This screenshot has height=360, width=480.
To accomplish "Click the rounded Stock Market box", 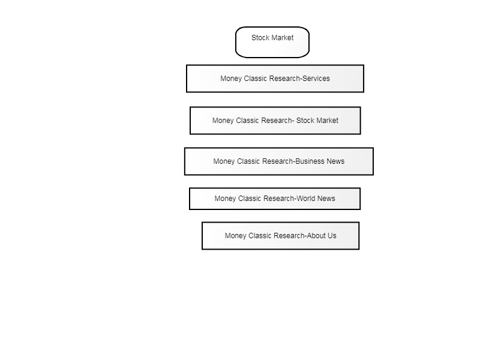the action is pyautogui.click(x=272, y=42).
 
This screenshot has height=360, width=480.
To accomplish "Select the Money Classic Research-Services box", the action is pyautogui.click(x=275, y=79).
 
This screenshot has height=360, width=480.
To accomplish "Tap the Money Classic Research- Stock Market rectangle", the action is pyautogui.click(x=275, y=121).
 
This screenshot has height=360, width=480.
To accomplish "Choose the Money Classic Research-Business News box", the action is pyautogui.click(x=279, y=161).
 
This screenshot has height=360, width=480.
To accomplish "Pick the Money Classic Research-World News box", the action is pyautogui.click(x=275, y=199).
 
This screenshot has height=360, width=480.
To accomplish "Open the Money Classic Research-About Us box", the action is pyautogui.click(x=280, y=236).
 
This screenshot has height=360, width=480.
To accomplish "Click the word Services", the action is pyautogui.click(x=316, y=79).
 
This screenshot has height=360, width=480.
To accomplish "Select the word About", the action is pyautogui.click(x=316, y=236).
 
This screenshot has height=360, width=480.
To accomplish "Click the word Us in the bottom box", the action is pyautogui.click(x=332, y=236).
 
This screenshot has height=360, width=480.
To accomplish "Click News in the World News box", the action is pyautogui.click(x=326, y=199).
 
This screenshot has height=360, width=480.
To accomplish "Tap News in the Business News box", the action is pyautogui.click(x=335, y=161).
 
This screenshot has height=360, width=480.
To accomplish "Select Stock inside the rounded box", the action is pyautogui.click(x=260, y=38).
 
